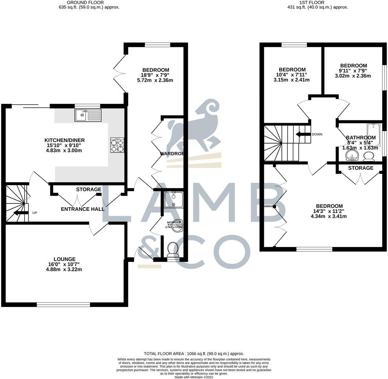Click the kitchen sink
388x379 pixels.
click(x=88, y=115)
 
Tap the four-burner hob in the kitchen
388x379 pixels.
click(x=117, y=145)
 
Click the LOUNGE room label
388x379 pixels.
click(x=64, y=259)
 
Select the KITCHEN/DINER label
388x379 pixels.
click(x=64, y=140)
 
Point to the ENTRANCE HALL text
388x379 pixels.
click(x=83, y=209)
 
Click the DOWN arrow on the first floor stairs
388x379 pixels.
click(x=303, y=134)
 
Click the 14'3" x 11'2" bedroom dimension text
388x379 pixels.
click(x=329, y=211)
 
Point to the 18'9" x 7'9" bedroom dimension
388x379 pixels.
click(x=156, y=75)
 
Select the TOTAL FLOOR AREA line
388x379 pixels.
click(x=194, y=353)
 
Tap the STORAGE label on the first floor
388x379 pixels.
click(x=360, y=168)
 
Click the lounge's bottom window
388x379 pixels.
click(x=63, y=305)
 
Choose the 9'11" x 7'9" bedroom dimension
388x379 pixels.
click(x=353, y=71)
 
